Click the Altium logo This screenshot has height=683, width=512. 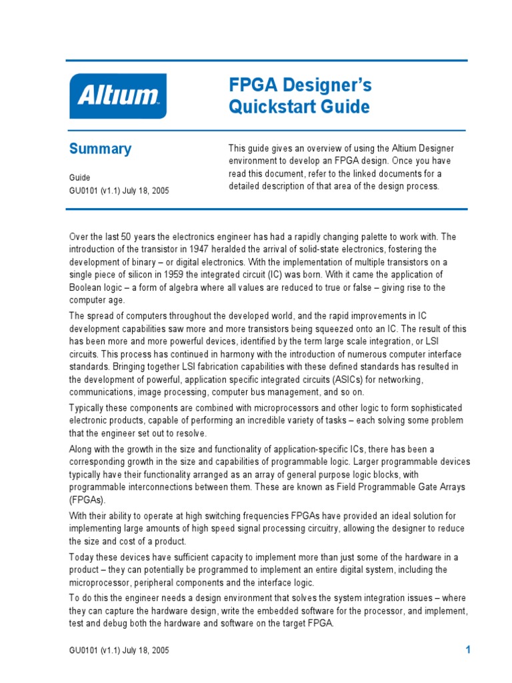[x=118, y=96]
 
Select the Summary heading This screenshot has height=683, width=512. [x=100, y=149]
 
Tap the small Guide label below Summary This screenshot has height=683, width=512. [x=79, y=177]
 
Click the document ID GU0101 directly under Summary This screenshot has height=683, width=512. [x=84, y=191]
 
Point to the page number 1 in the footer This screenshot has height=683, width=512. [x=468, y=650]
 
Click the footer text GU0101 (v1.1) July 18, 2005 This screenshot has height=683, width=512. [x=119, y=650]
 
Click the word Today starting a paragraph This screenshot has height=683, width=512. [x=83, y=557]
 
